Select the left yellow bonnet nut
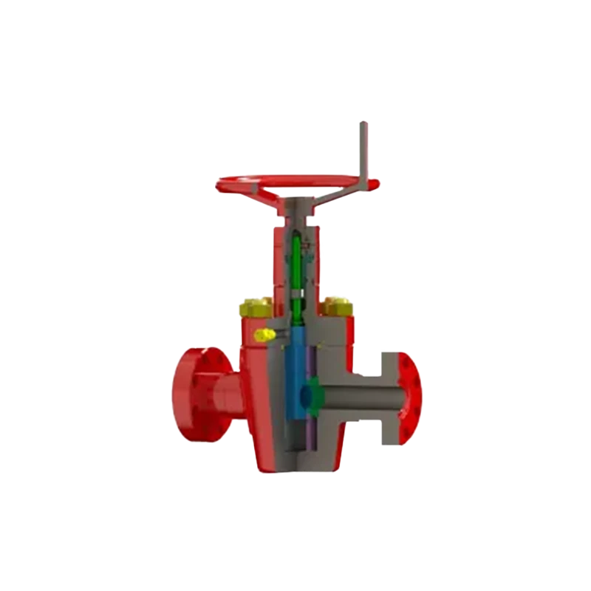(x=254, y=307)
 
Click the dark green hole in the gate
(x=313, y=392)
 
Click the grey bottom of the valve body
(x=303, y=462)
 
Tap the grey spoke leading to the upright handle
(x=336, y=190)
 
